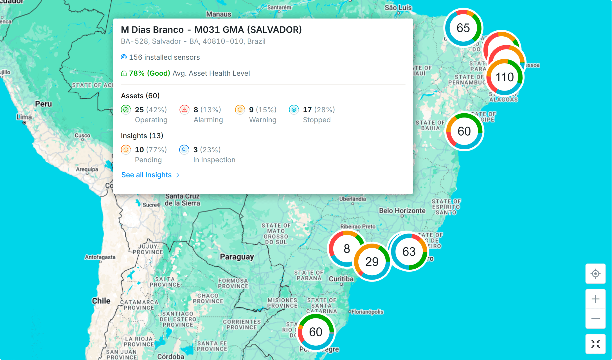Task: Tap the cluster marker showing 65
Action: point(463,28)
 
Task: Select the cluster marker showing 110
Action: point(505,77)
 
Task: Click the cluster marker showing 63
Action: point(409,251)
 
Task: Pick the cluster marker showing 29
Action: point(372,262)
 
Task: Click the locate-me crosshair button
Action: point(595,274)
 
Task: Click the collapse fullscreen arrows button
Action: point(595,344)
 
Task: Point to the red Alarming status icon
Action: point(184,110)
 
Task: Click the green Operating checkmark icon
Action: point(126,110)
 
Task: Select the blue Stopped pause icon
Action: point(294,110)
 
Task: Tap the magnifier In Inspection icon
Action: point(184,150)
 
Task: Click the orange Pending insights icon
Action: point(126,150)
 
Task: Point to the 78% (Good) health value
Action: point(149,73)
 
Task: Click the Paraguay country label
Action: point(237,257)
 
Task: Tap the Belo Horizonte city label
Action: point(402,211)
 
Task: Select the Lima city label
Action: point(24,117)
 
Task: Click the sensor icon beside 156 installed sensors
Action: point(123,57)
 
